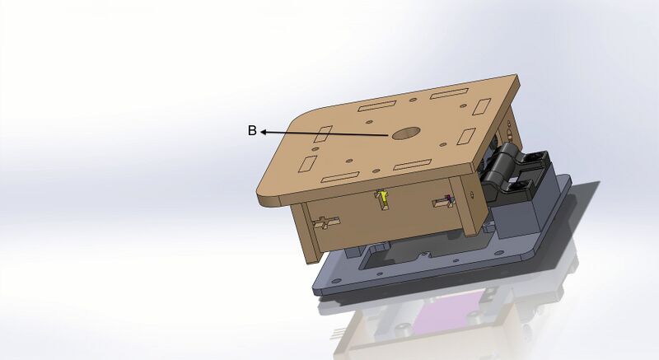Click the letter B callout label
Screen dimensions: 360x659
pyautogui.click(x=252, y=130)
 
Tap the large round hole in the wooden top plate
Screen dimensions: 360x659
pyautogui.click(x=404, y=133)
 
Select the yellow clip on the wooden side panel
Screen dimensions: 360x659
pyautogui.click(x=383, y=199)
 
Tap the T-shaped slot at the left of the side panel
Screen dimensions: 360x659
pyautogui.click(x=326, y=222)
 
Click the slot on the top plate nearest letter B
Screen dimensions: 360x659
pyautogui.click(x=325, y=133)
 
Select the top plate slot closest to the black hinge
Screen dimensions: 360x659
pyautogui.click(x=466, y=136)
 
